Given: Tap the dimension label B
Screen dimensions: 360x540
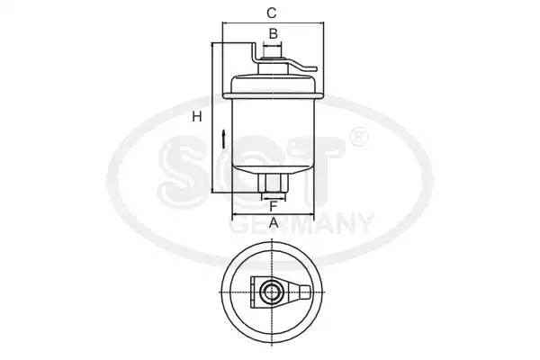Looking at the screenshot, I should [x=273, y=34].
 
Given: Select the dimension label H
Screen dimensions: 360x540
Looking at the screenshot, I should [x=194, y=116].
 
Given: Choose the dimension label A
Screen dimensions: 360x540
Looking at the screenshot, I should [x=273, y=223].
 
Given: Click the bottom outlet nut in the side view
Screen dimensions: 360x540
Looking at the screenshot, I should [x=273, y=184].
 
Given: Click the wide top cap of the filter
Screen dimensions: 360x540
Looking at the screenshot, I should [x=273, y=85].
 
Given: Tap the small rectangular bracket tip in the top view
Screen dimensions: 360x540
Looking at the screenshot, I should [x=307, y=292].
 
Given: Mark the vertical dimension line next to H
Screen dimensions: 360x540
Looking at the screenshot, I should [x=212, y=117].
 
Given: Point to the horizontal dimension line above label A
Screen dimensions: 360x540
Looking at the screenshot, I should [x=273, y=216].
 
